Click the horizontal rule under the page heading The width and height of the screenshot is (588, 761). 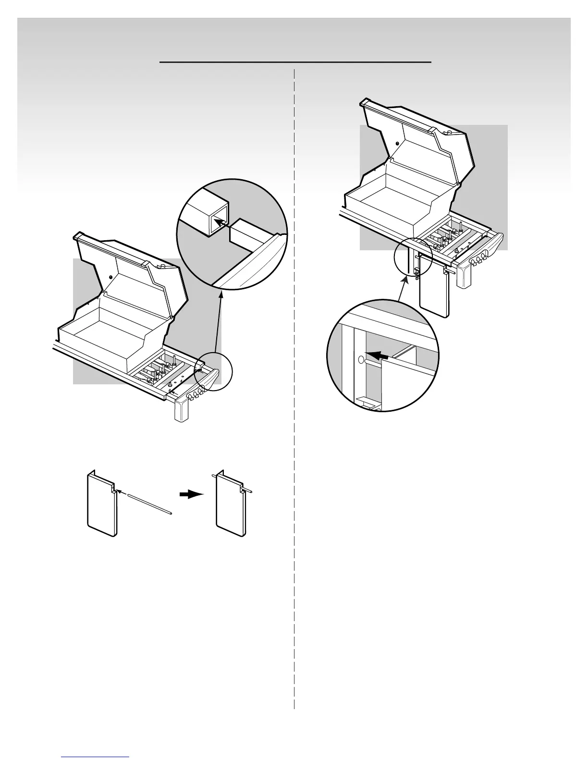coord(295,62)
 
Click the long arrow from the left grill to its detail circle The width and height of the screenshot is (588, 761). coord(218,331)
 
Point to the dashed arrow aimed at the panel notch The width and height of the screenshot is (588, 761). coord(124,494)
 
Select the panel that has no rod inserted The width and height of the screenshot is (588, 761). coord(101,504)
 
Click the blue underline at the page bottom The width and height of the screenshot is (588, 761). coord(96,757)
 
